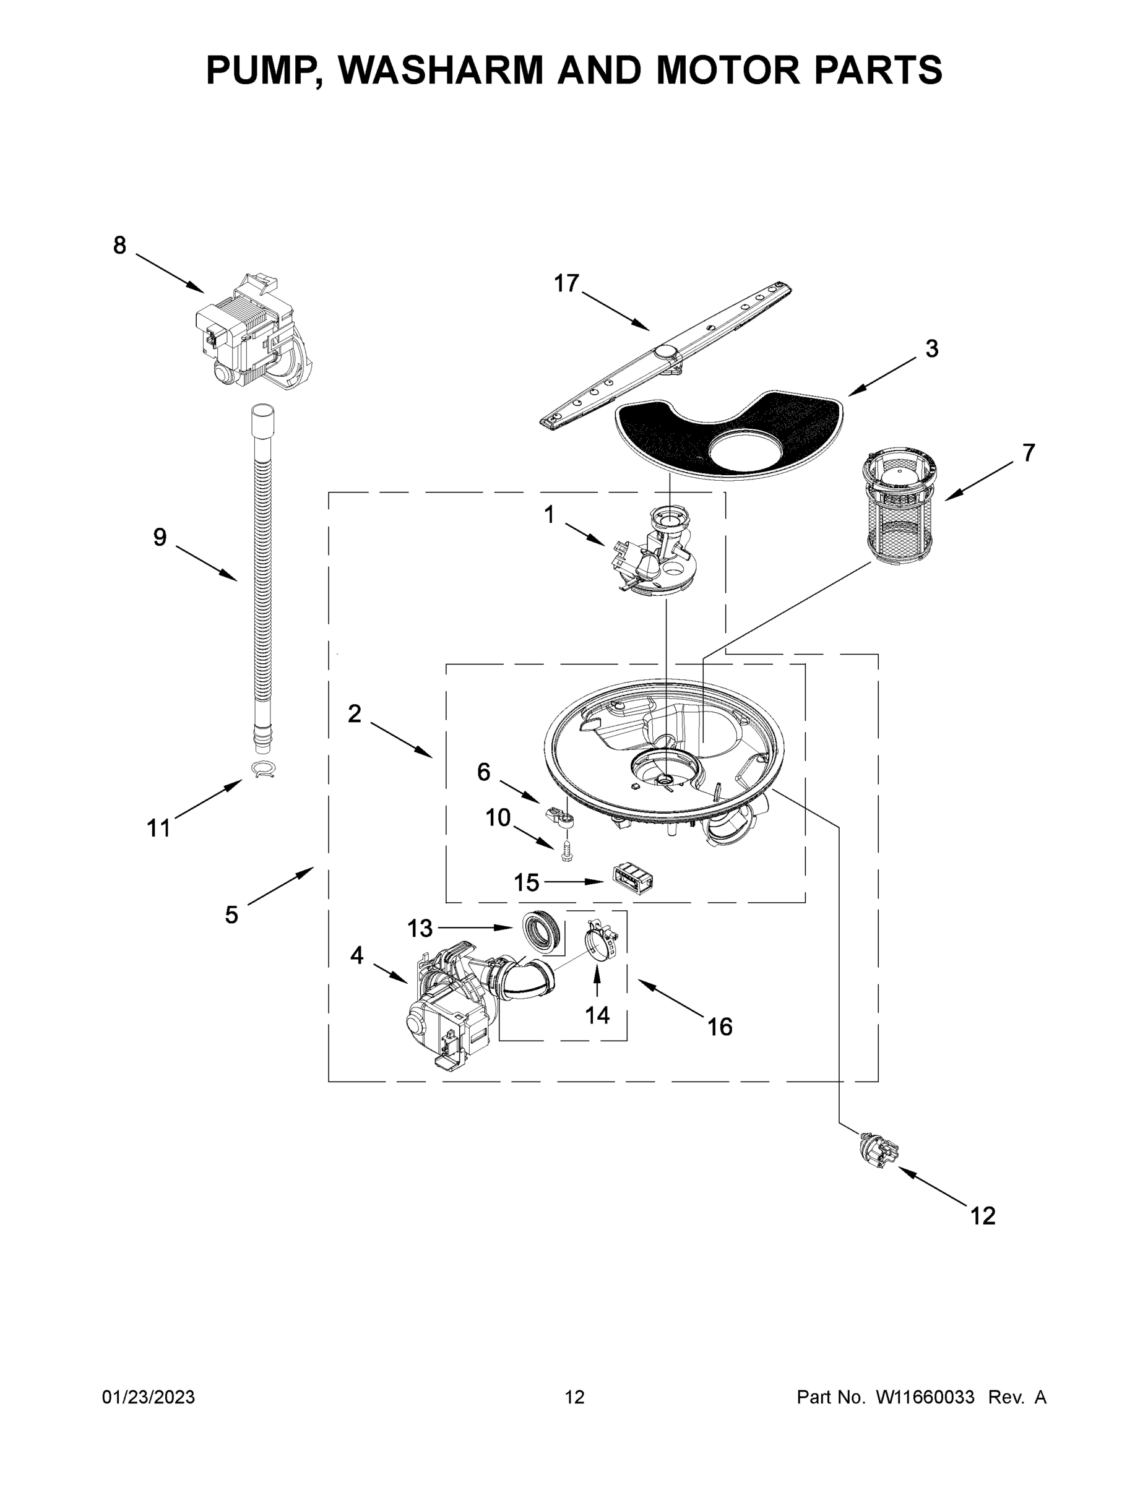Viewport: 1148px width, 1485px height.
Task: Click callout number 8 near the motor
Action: tap(119, 246)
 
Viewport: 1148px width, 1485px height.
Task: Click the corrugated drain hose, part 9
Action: tap(262, 578)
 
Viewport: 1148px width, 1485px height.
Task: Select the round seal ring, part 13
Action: tap(543, 929)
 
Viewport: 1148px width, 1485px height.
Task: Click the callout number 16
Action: tap(720, 1027)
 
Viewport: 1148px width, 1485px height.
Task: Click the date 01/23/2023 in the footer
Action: tap(149, 1397)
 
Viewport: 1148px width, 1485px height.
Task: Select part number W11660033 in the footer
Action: tap(925, 1397)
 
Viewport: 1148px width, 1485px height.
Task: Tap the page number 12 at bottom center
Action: tap(574, 1397)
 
